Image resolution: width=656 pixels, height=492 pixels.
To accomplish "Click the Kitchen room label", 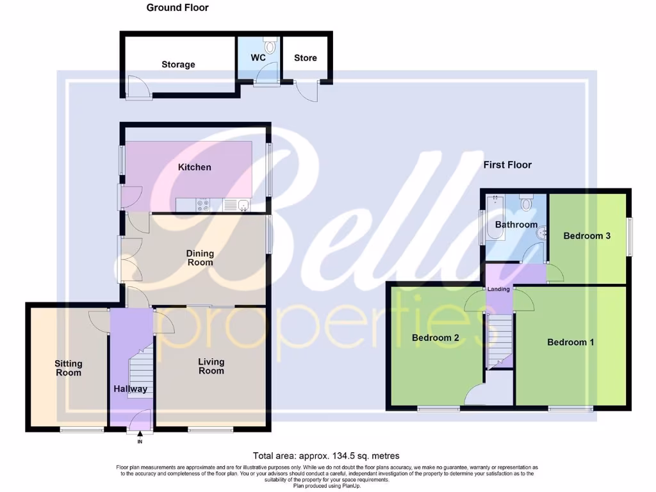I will pos(194,167).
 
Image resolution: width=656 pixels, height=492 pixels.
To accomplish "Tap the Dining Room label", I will pos(200,258).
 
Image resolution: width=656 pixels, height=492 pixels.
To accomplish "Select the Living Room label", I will pos(211,366).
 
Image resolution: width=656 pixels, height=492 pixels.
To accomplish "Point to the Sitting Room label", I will pos(68,368).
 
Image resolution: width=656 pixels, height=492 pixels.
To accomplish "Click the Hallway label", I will pos(131,389).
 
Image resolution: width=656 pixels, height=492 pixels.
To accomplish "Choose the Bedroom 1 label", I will pos(570,342).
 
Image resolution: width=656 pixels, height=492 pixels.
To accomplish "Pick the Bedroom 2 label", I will pos(435,338).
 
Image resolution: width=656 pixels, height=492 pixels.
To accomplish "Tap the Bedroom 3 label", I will pos(586,236).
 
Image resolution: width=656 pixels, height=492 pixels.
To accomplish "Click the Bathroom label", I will pos(516,225).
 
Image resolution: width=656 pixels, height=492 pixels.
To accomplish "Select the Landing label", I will pos(499,289).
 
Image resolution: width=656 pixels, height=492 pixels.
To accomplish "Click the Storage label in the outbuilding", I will pos(178,65).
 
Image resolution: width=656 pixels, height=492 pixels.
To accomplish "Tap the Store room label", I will pos(305,58).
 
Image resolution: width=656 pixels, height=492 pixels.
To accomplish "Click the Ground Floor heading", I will pos(177,8).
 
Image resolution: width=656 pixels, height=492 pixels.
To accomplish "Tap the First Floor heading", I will pos(507,165).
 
